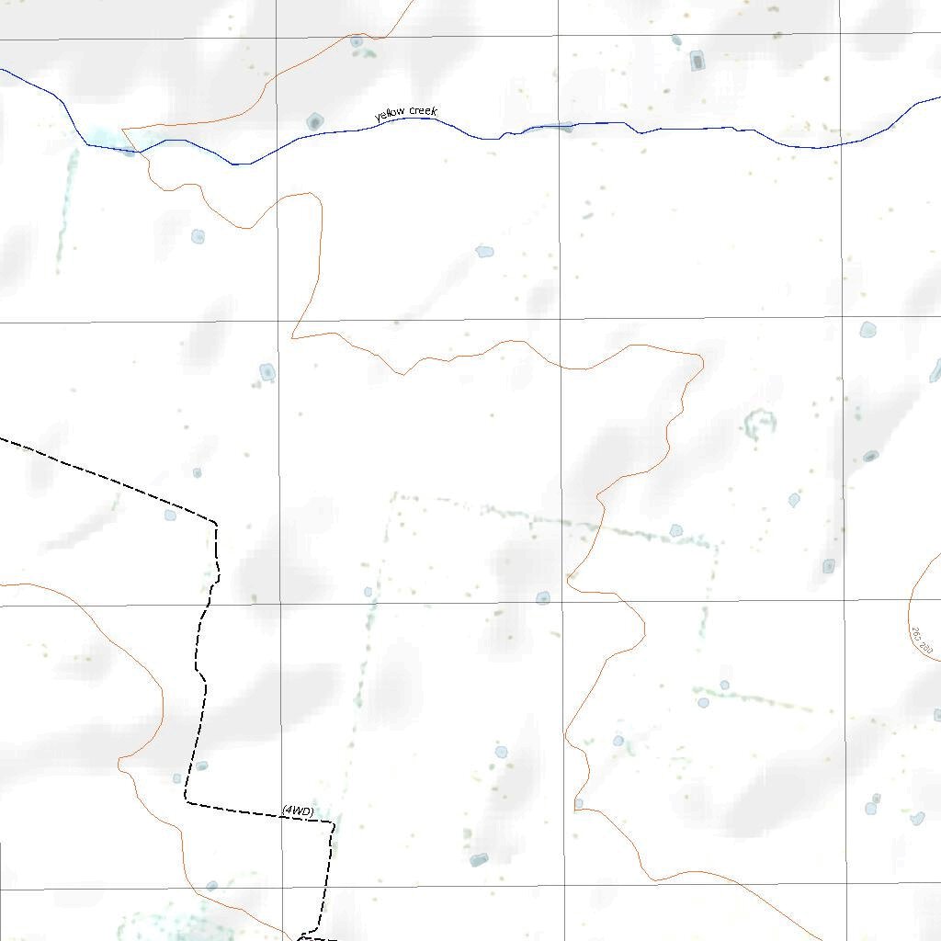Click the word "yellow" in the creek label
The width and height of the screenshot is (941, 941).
pos(391,115)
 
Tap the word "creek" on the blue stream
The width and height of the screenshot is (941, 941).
pos(423,111)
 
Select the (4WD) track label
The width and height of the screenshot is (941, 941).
pos(298,811)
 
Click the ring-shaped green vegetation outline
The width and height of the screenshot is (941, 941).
pos(760,424)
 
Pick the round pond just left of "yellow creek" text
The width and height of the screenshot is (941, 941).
pos(315,121)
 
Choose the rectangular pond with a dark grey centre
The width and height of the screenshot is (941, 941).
pos(697,62)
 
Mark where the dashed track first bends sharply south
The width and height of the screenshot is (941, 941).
pos(215,524)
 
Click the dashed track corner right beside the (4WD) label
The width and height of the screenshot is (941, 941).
pos(332,822)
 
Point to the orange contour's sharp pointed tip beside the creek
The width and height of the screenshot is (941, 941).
pos(123,130)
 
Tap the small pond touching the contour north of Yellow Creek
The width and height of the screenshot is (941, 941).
pos(356,41)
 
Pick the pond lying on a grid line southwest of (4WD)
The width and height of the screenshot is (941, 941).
pos(211,886)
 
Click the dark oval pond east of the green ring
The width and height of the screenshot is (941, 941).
pos(870,456)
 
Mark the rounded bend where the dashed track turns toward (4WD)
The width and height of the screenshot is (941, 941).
pos(187,800)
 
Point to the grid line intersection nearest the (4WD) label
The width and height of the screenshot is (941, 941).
pos(280,889)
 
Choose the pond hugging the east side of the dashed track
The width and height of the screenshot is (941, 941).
pos(201,765)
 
